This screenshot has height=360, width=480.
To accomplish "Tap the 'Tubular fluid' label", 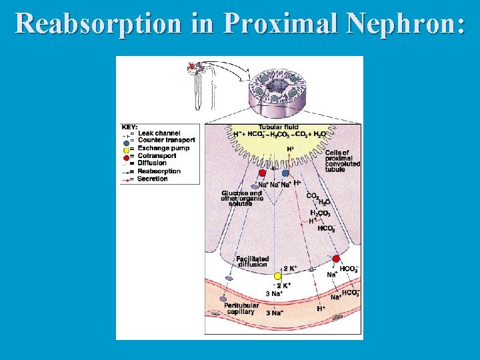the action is pos(279,127).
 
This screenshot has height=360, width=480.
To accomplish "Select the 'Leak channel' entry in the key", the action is pos(159,133).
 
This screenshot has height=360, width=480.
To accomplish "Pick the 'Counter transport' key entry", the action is pos(166,140).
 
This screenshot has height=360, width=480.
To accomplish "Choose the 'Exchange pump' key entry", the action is pos(163,148).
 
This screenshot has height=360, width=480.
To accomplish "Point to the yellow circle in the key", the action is pos(126,149).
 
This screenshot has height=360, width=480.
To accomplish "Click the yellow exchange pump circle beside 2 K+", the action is pos(278,275).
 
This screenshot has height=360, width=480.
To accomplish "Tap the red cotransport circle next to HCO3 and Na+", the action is pos(336,259).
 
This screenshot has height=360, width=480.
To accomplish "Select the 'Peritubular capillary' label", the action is pos(241,308).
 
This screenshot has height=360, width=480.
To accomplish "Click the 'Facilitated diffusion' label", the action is pos(253,261).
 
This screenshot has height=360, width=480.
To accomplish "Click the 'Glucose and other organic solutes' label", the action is pos(242,198).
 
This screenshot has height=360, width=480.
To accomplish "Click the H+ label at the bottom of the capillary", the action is pos(321,309).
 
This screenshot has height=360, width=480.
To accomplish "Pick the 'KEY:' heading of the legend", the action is pos(129,126).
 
